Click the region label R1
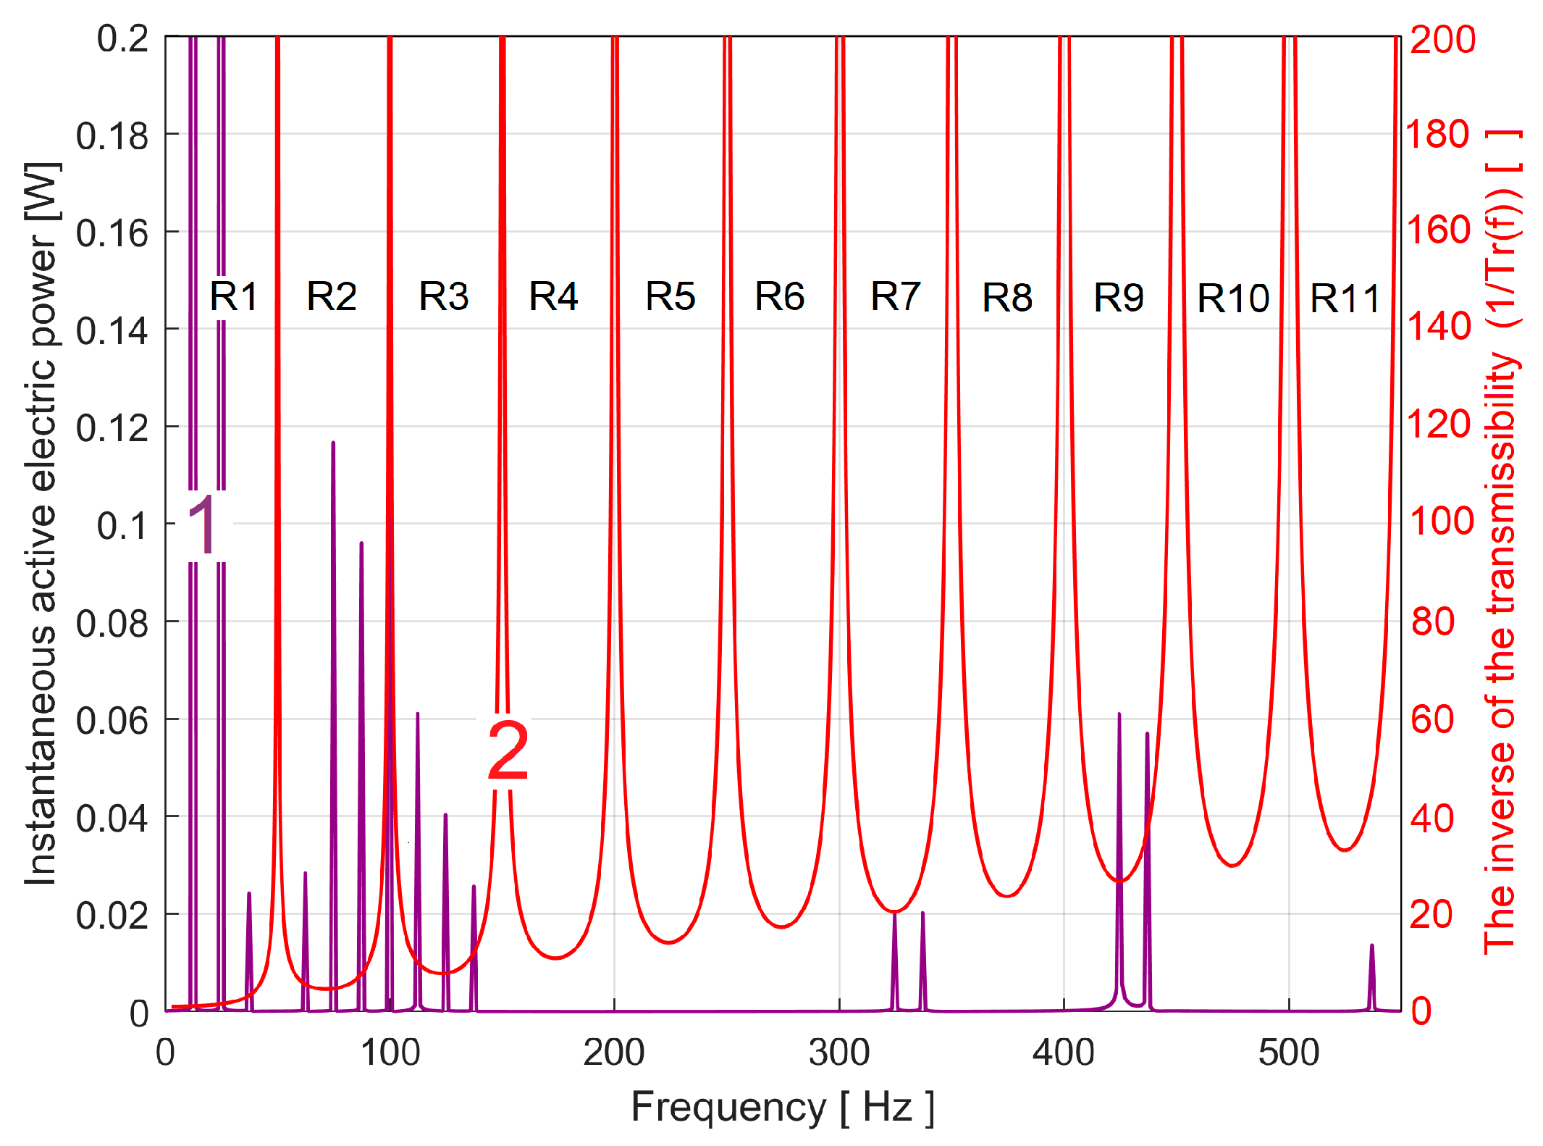pyautogui.click(x=233, y=296)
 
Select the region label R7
pyautogui.click(x=895, y=296)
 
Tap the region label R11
pyautogui.click(x=1345, y=298)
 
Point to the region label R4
pyautogui.click(x=553, y=296)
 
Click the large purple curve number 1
pyautogui.click(x=203, y=526)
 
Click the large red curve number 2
pyautogui.click(x=508, y=752)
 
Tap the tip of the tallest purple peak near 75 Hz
pyautogui.click(x=333, y=443)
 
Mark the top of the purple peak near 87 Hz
pyautogui.click(x=361, y=543)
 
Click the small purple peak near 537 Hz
pyautogui.click(x=1371, y=947)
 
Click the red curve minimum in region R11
pyautogui.click(x=1345, y=849)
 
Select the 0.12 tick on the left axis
pyautogui.click(x=112, y=427)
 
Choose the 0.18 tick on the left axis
pyautogui.click(x=112, y=135)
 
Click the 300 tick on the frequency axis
pyautogui.click(x=839, y=1052)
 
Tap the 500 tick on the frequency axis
pyautogui.click(x=1288, y=1052)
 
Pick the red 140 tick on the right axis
pyautogui.click(x=1439, y=327)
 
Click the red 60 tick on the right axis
pyautogui.click(x=1432, y=719)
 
